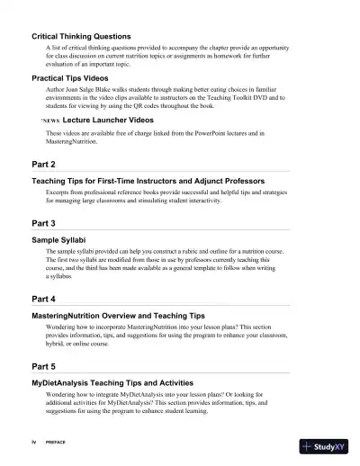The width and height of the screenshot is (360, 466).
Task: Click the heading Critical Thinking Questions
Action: pos(83,36)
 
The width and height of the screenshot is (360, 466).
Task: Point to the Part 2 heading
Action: pos(44,166)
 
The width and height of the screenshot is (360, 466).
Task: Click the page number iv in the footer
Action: pos(33,444)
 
